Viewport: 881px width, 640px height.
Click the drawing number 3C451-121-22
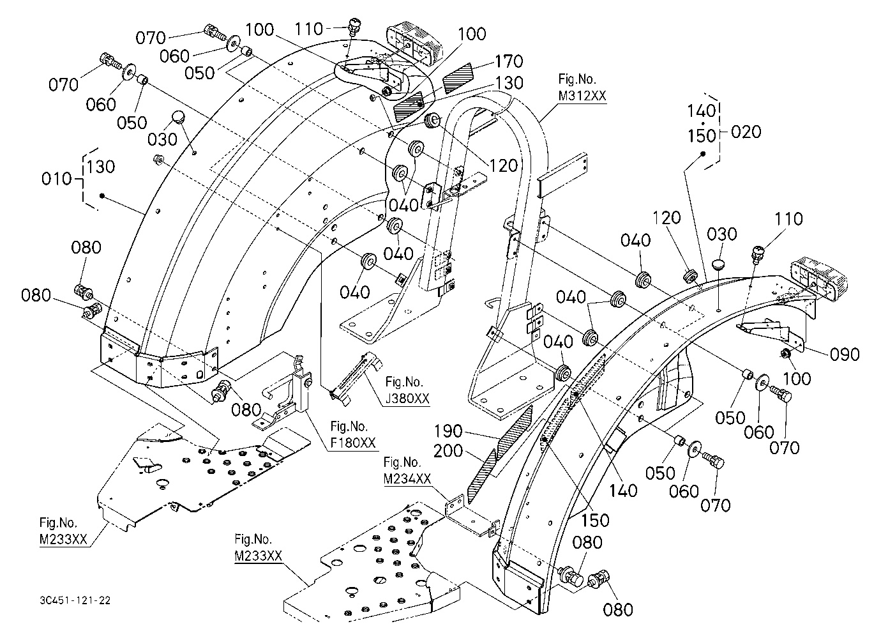click(x=75, y=600)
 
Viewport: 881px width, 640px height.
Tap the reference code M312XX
click(x=582, y=96)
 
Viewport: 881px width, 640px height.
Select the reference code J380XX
click(x=407, y=399)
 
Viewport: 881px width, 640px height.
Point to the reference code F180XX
click(x=352, y=443)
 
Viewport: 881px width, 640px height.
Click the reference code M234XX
click(x=407, y=478)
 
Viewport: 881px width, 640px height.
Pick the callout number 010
click(x=57, y=179)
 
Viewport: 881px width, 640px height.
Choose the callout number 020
click(x=746, y=132)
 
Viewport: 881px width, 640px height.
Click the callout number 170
click(x=509, y=61)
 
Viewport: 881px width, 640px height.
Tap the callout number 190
click(x=448, y=431)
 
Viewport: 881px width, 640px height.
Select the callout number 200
click(x=448, y=451)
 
